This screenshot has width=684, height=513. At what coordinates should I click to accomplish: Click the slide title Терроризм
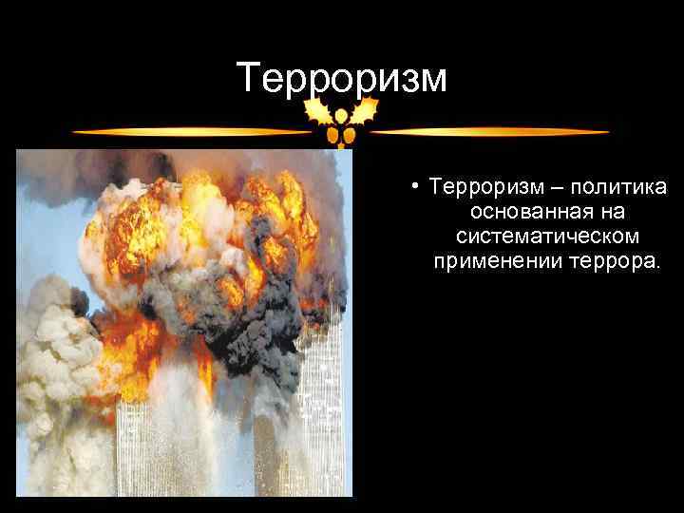point(342,79)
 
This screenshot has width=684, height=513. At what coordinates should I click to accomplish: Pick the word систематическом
point(546,237)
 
